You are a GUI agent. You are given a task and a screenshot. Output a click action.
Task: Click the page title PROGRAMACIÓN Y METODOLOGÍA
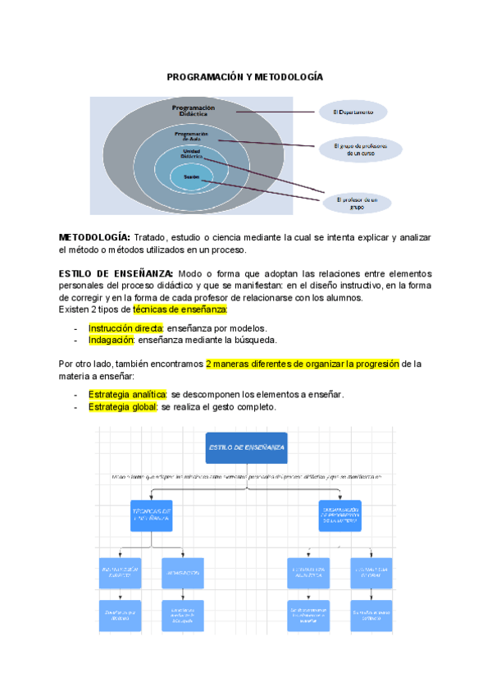[245, 76]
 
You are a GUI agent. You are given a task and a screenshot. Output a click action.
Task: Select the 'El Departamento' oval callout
[353, 112]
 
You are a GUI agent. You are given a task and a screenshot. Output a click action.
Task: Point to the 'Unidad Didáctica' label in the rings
[193, 153]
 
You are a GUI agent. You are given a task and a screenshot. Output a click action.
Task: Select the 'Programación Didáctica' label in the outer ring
[194, 110]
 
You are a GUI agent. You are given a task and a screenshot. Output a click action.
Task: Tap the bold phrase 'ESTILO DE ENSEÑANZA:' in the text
[116, 273]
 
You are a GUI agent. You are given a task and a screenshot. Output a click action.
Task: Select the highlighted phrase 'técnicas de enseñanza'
[180, 309]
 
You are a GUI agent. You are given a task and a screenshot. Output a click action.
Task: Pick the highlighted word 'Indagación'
[112, 340]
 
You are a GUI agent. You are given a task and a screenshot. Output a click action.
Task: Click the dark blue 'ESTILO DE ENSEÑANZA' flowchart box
[246, 447]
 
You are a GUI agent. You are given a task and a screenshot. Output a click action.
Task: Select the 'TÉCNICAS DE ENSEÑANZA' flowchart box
[151, 515]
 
